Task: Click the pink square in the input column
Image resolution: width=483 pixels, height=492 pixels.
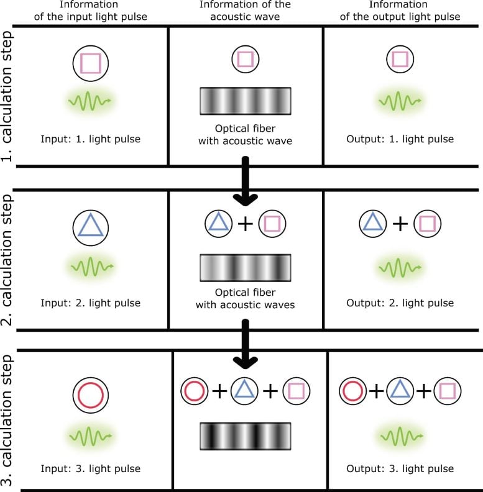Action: [x=91, y=62]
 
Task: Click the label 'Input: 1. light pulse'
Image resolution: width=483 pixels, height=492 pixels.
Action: [x=91, y=138]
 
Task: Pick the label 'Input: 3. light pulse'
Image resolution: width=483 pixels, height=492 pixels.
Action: [x=91, y=468]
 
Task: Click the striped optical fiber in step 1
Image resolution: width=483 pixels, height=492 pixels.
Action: [x=245, y=101]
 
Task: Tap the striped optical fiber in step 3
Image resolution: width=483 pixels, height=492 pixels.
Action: [x=245, y=435]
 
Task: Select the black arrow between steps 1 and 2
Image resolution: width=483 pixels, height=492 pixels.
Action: [x=245, y=181]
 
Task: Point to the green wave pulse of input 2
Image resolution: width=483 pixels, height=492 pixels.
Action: [x=91, y=268]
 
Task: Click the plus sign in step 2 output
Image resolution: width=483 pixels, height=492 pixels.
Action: [x=401, y=223]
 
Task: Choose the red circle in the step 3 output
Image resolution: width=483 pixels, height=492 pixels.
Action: [x=353, y=391]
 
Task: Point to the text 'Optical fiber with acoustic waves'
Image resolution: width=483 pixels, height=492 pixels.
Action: [x=245, y=298]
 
